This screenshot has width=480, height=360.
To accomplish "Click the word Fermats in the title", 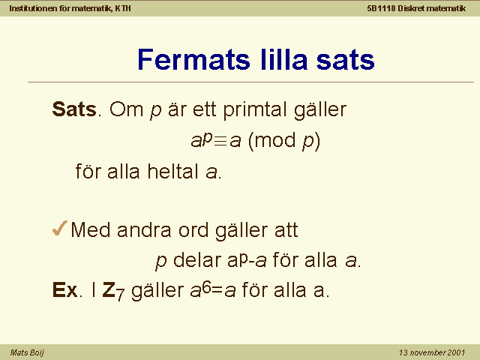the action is coord(193,59).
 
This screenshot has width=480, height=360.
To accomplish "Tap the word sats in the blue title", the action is coord(345,60).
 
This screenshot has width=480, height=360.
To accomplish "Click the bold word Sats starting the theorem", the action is coord(74,109).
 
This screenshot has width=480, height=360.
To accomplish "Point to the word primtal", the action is coord(256,110).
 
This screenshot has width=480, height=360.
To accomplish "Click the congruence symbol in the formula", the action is coord(220,141).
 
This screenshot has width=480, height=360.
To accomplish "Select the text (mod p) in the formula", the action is coord(284,142).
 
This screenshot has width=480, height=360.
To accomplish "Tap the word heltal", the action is coord(172,171).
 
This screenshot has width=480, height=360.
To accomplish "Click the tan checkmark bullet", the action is coord(60,228).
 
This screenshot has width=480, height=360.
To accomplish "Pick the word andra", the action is coord(144,229).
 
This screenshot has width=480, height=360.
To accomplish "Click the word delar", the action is coord(197,260).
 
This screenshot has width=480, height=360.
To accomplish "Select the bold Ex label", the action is coord(65,289).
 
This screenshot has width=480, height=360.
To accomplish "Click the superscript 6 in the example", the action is coord(206,288).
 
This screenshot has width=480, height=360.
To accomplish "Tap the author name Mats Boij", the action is coord(27,352).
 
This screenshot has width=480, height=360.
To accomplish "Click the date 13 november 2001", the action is coord(432,352).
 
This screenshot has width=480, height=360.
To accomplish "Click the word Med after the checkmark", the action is coord(90,229).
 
